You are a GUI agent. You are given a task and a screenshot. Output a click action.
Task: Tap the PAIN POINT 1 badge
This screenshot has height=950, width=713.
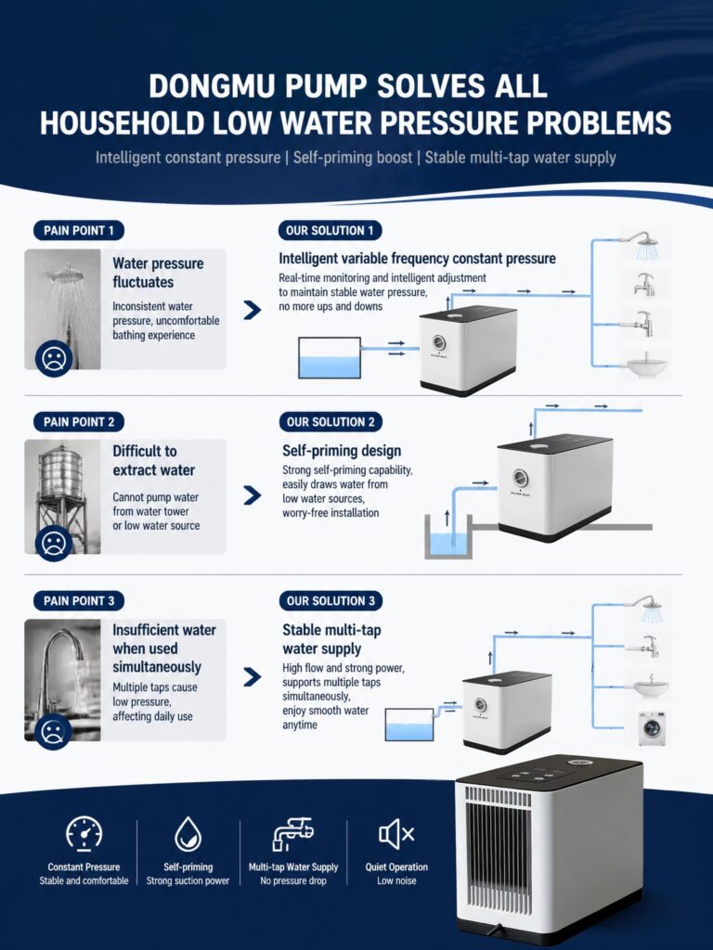(x=79, y=230)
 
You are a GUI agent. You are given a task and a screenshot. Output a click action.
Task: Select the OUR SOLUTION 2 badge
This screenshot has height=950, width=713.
(x=331, y=422)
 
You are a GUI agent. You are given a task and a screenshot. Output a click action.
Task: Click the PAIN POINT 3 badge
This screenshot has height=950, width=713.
(x=79, y=601)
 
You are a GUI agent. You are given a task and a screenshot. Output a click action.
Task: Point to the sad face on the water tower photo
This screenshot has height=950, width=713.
(x=53, y=544)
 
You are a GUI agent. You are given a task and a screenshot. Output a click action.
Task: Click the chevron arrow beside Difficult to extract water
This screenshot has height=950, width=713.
(x=253, y=495)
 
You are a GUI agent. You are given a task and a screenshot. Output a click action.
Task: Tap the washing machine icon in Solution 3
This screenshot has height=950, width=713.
(x=652, y=728)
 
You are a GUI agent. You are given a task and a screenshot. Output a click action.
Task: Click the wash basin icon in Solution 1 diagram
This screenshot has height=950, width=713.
(x=646, y=366)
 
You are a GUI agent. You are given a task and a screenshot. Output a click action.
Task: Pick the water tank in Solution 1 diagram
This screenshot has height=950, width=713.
(x=330, y=357)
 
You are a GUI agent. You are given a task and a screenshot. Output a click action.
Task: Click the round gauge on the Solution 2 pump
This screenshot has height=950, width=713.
(x=520, y=478)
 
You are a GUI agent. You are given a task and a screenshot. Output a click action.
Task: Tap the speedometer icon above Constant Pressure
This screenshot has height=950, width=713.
(x=84, y=834)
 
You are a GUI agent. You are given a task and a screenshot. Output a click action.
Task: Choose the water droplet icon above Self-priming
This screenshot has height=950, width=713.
(x=188, y=834)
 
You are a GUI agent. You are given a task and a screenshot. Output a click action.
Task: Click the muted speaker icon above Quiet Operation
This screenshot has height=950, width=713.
(x=395, y=834)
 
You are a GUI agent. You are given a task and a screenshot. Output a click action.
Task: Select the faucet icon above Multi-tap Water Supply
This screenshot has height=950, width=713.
(x=292, y=834)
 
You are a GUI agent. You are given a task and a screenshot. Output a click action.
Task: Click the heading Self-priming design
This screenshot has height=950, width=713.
(x=342, y=451)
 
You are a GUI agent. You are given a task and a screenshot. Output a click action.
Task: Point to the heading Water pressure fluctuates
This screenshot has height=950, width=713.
(x=158, y=273)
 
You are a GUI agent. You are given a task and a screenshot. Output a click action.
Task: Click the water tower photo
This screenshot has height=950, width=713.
(x=62, y=497)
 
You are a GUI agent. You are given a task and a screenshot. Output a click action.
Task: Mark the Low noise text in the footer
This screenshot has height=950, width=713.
(x=396, y=881)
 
